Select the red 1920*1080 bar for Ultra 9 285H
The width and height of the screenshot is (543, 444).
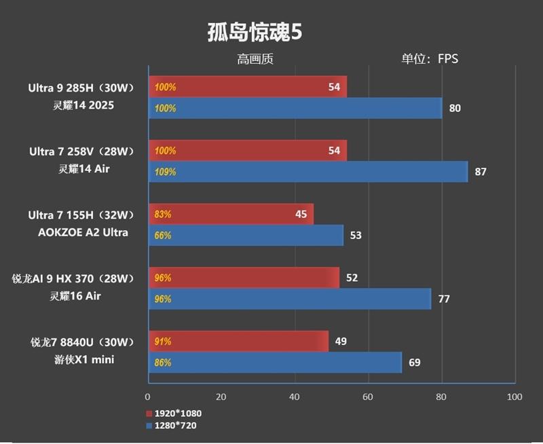pos(248,87)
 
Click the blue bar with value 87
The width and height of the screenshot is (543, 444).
pos(308,172)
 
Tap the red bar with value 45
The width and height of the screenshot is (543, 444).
pos(231,214)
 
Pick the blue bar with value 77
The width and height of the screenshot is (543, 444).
pos(290,299)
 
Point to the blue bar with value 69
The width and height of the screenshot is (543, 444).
pos(275,363)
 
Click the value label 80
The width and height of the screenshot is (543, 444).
pos(455,108)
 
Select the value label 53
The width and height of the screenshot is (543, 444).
pos(356,236)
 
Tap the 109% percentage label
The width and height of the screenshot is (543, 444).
pos(165,172)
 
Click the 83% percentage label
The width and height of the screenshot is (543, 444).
pos(163,214)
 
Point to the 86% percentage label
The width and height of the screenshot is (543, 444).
pos(163,363)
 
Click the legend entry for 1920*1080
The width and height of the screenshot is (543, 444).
pos(174,413)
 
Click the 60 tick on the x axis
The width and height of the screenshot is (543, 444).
pos(368,396)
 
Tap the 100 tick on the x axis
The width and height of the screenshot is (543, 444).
pos(514,396)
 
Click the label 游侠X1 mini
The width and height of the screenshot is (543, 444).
pos(86,360)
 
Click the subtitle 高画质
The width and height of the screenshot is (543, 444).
pos(255,59)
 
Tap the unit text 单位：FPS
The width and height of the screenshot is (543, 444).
pos(430,59)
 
